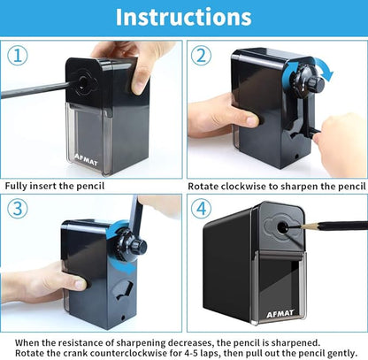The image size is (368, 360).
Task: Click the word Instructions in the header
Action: point(183,17)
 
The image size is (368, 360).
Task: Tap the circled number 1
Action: point(18,56)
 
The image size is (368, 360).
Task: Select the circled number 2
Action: point(201,56)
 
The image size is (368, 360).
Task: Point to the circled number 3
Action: point(18,209)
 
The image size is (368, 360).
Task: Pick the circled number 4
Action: point(201,209)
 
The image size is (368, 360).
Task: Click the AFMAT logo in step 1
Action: point(86,159)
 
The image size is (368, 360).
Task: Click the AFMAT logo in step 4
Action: point(280,313)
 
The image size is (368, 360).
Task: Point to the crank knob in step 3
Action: point(138,246)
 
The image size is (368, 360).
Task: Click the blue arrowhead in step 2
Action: point(326,74)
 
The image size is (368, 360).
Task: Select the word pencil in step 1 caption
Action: point(90,186)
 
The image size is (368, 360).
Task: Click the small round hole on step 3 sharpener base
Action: point(123,318)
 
